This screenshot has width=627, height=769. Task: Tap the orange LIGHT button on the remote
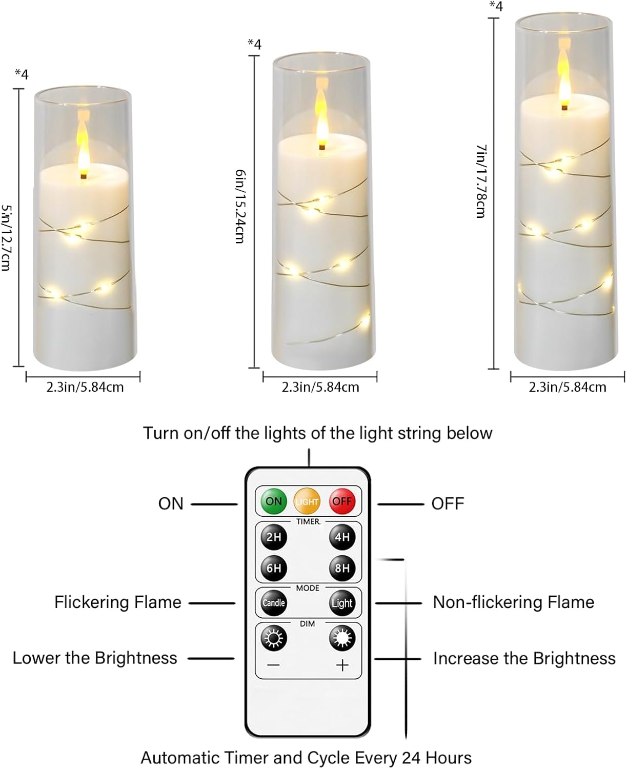307,501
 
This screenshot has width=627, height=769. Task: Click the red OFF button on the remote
341,501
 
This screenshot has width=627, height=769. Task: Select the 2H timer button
274,537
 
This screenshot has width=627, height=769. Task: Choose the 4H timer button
341,537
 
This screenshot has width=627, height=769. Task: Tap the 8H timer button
341,568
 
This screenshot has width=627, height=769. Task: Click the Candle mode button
274,603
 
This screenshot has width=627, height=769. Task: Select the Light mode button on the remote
341,603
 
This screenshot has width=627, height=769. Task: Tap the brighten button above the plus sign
341,638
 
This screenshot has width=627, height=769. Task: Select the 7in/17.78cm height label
481,181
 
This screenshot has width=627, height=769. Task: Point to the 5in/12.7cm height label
7,237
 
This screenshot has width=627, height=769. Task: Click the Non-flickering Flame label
513,602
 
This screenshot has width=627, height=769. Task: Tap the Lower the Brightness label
95,658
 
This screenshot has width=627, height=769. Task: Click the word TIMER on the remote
308,521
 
